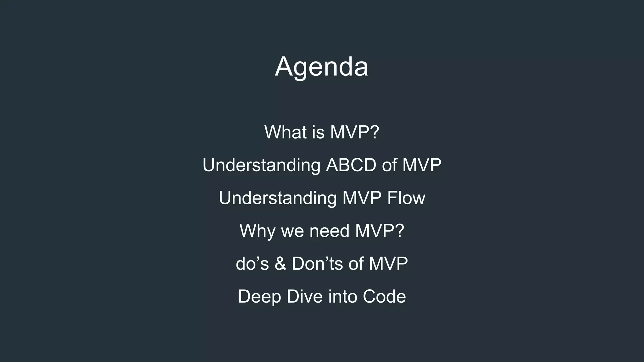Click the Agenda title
[321, 67]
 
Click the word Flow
[406, 198]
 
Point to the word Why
[257, 231]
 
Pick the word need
[329, 231]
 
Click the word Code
[384, 296]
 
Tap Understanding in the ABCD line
[261, 165]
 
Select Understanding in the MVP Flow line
[278, 198]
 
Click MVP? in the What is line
[355, 132]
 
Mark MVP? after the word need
[380, 231]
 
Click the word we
[292, 231]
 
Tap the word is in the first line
[318, 132]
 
